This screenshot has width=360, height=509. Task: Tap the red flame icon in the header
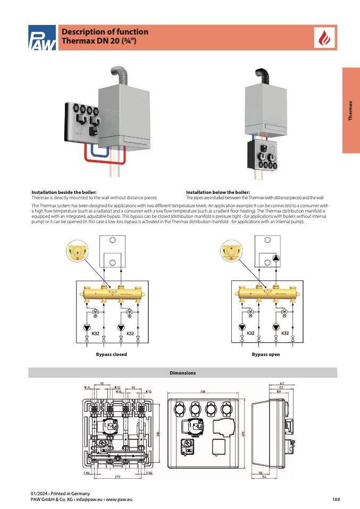(x=323, y=37)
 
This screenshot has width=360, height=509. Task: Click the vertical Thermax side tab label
(x=350, y=111)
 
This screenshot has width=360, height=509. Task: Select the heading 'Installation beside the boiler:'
(x=64, y=192)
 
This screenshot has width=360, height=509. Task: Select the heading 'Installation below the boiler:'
(x=218, y=192)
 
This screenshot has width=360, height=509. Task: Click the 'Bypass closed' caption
(x=111, y=354)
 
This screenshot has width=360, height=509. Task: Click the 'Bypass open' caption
(x=265, y=354)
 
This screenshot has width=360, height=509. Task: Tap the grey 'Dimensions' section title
(x=182, y=373)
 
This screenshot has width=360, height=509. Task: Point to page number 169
(x=336, y=499)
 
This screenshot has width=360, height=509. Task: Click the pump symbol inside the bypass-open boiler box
(x=277, y=259)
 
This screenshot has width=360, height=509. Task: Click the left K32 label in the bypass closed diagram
(x=96, y=333)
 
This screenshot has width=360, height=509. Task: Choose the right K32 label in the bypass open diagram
(x=285, y=333)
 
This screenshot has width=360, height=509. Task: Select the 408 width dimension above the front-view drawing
(x=203, y=392)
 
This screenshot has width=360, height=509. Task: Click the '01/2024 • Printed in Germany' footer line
(x=60, y=494)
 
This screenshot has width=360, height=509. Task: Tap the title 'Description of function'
(x=105, y=32)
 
